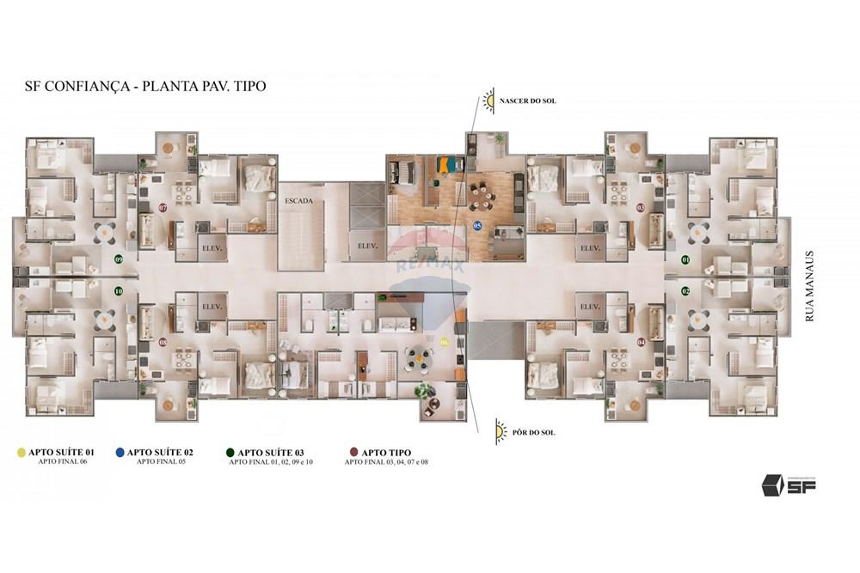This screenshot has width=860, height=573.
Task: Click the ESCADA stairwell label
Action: coord(299,200)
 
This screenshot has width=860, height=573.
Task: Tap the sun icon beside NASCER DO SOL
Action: coord(489,101)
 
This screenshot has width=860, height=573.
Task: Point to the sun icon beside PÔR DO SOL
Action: coord(501,431)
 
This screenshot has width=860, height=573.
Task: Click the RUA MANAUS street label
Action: coord(808,286)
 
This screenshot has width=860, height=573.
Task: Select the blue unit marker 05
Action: coord(477,226)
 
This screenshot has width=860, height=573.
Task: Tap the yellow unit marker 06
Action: coord(444,341)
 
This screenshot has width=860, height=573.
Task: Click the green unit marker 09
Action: coord(119,259)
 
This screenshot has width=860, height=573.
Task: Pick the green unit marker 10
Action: coord(119,291)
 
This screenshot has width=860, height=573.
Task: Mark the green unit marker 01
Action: coord(685,259)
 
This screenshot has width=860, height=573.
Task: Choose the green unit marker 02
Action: coord(685,291)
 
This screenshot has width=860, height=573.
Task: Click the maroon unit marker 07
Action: coord(163,208)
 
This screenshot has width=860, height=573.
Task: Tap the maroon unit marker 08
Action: coord(163,342)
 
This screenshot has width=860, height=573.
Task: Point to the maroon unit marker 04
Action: coord(641,342)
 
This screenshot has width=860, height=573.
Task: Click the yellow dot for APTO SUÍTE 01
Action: coord(21,452)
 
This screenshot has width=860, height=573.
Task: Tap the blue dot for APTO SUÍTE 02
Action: coord(120,452)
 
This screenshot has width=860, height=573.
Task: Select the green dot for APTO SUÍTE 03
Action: coord(230,452)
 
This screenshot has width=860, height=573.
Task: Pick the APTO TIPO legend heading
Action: coord(387,452)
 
